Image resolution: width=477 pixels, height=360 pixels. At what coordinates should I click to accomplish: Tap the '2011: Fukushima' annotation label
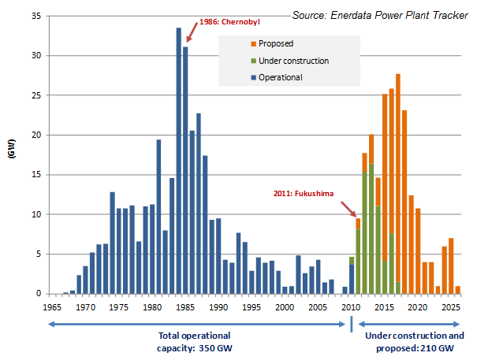click(302, 191)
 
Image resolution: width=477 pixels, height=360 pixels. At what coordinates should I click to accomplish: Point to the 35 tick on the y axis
click(37, 16)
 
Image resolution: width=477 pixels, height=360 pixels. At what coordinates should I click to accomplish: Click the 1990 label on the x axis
click(219, 307)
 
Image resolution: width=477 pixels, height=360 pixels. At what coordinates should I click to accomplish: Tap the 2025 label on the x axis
click(451, 307)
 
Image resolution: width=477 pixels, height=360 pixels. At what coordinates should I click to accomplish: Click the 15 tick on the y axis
click(37, 175)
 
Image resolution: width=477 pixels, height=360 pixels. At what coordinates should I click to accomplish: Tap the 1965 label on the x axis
click(52, 307)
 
